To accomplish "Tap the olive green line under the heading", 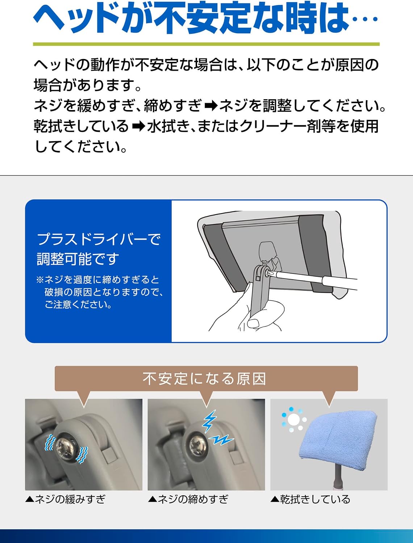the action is coord(206,44).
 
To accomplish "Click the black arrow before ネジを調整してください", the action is coord(211,106).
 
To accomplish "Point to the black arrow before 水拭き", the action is coord(139,127).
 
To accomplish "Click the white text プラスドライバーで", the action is coord(99,239).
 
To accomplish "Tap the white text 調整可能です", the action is coord(78,259).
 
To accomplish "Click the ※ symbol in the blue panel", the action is coord(40,280).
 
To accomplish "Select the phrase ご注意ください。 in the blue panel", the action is coord(78,304).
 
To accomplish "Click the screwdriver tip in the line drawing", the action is coord(270,273).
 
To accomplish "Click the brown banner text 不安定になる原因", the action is coord(204,379).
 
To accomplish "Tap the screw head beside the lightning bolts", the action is coord(198,445).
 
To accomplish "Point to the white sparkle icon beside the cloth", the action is coord(294,420).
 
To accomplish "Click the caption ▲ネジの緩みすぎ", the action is coord(65,499).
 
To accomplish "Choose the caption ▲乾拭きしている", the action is coord(310,499).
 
